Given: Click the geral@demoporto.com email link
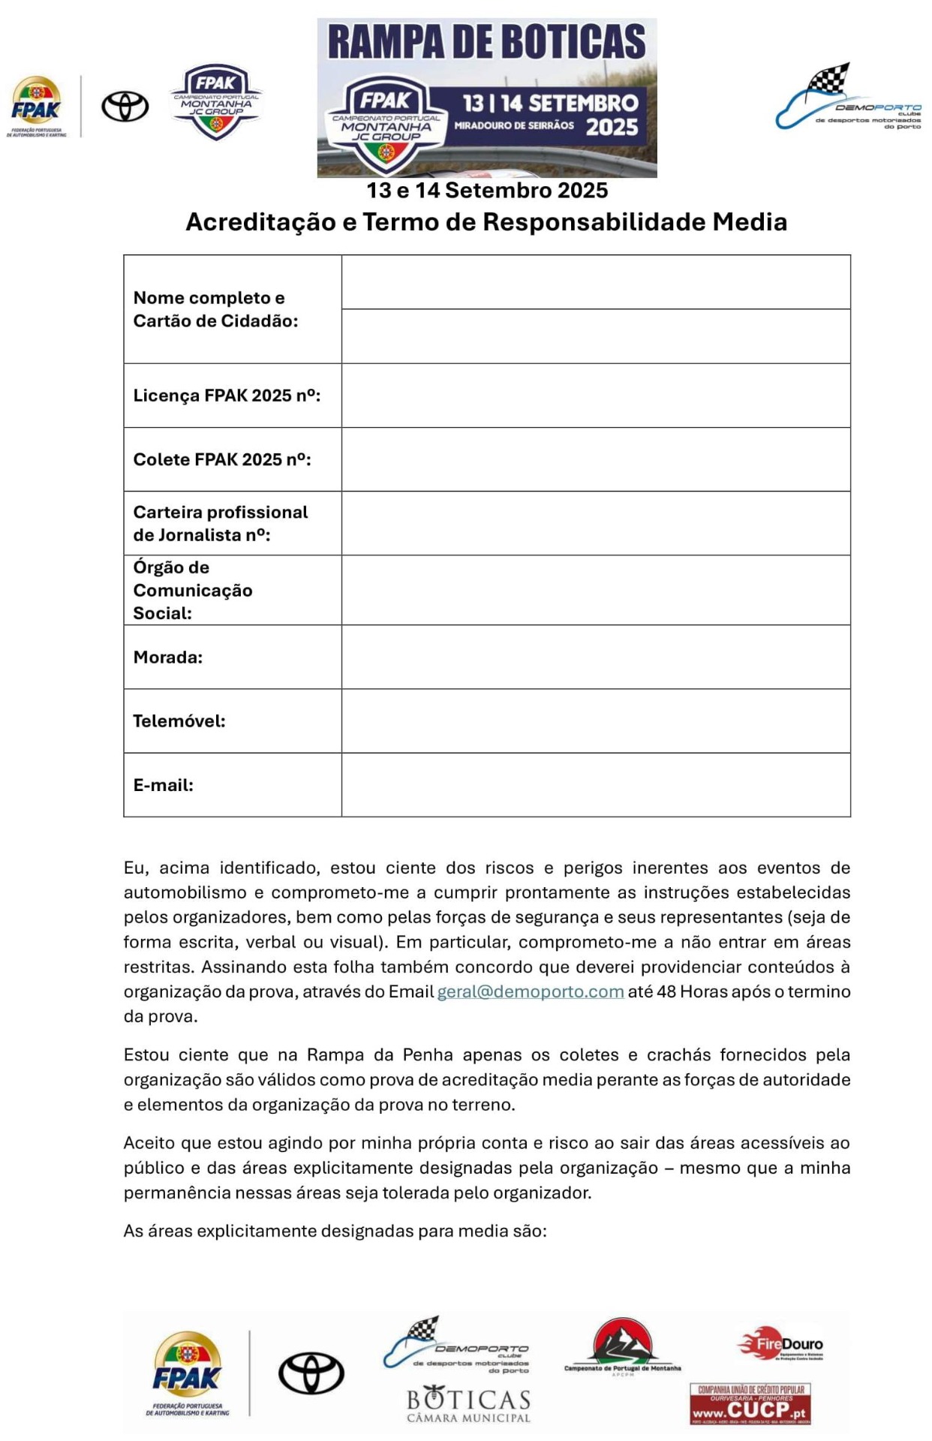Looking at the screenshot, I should click(530, 991).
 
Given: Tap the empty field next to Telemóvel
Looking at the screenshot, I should click(596, 720).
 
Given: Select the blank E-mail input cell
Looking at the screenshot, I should click(596, 784).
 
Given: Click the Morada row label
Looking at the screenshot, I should click(168, 657).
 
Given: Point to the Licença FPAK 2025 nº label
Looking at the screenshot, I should click(227, 396).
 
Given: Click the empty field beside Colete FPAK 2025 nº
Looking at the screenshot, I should click(596, 459).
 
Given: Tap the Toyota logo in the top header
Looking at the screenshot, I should click(125, 106).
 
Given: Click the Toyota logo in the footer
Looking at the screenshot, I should click(311, 1373).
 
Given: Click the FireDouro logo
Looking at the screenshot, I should click(780, 1344).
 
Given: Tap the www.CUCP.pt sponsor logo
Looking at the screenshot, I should click(750, 1404).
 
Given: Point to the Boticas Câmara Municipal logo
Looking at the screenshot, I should click(469, 1406).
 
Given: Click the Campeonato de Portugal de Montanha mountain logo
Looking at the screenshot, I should click(622, 1347).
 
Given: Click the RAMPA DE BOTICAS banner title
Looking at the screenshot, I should click(486, 42).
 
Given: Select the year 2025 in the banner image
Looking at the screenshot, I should click(612, 127).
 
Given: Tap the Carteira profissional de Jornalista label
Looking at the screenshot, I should click(221, 523).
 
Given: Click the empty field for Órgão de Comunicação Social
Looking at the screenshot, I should click(596, 590).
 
